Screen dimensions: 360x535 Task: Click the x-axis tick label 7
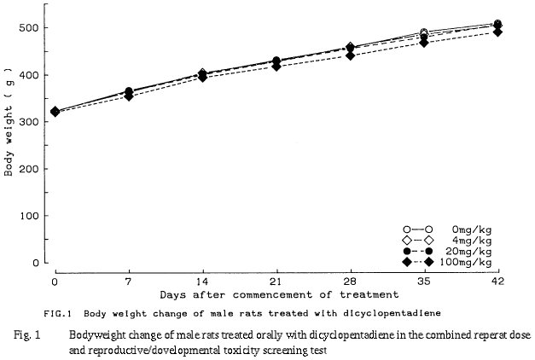tap(129, 280)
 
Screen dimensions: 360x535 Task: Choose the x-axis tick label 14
tap(201, 280)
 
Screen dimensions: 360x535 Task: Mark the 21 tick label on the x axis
tap(276, 280)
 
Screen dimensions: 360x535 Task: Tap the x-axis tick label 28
tap(350, 280)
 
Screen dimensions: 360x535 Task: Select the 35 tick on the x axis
tap(424, 280)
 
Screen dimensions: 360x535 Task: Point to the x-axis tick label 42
tap(497, 280)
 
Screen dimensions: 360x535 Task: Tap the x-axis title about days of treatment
tap(275, 294)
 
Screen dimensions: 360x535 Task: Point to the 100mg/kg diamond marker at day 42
tap(497, 32)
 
